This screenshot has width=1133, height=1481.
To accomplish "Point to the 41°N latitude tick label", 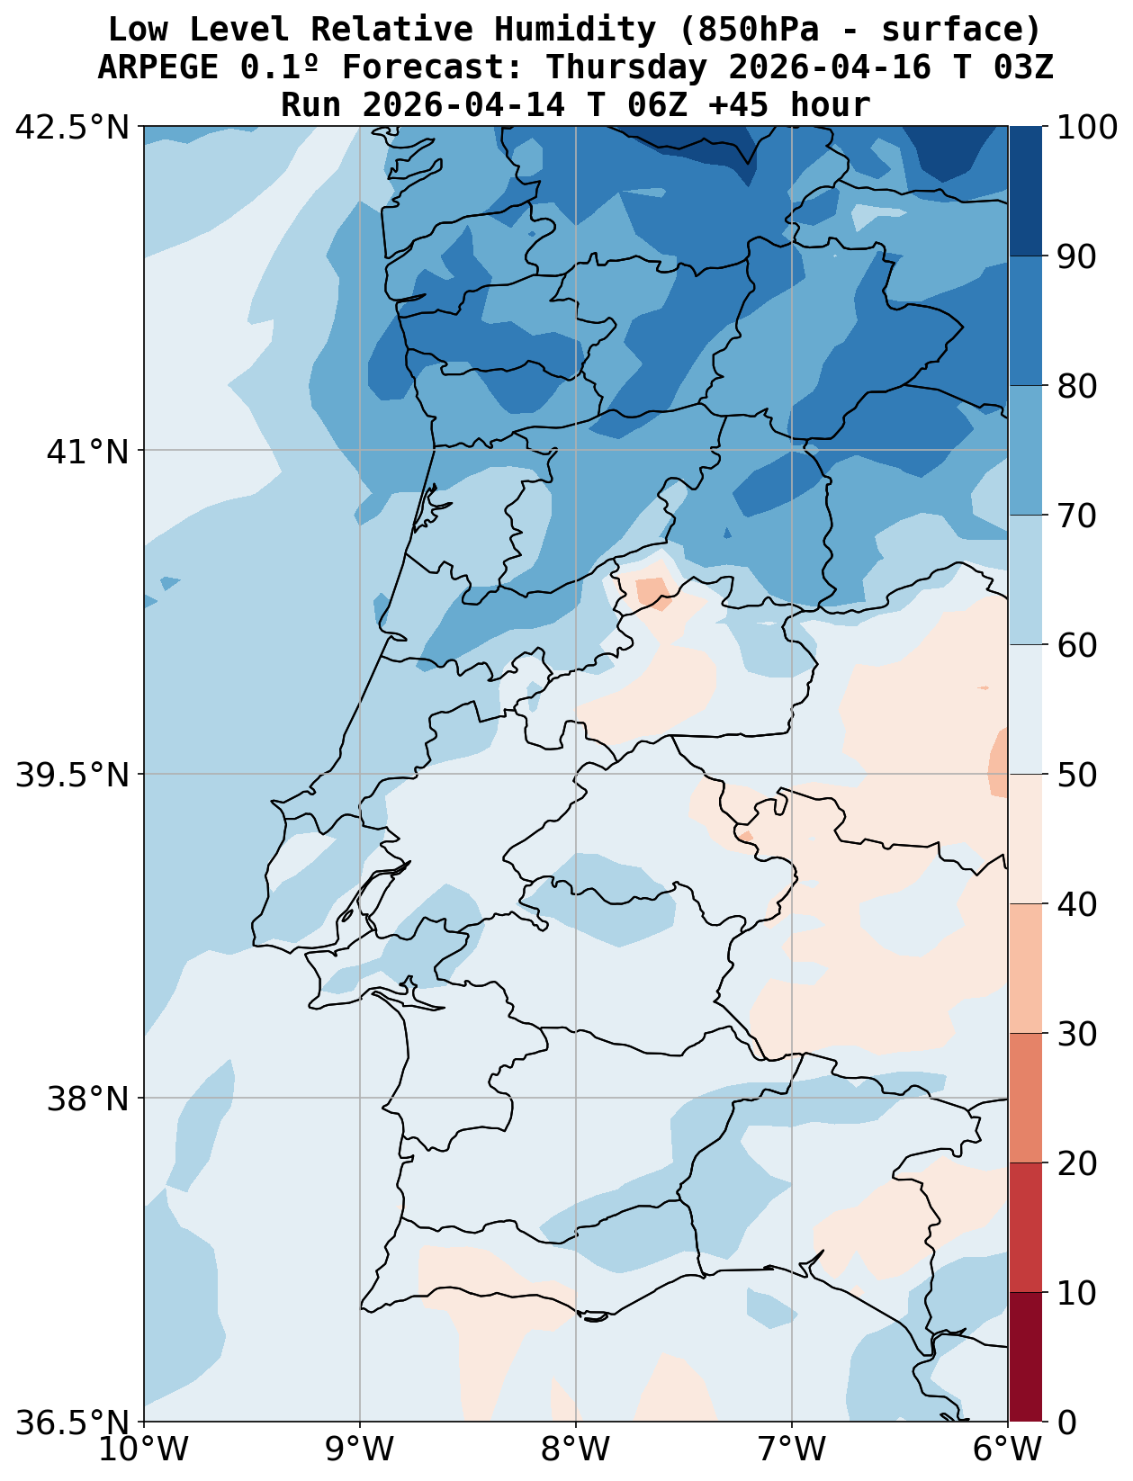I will [87, 451].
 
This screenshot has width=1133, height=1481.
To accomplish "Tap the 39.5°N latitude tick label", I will [73, 775].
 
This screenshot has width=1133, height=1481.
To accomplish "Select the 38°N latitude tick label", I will [87, 1099].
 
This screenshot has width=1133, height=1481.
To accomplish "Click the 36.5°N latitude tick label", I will [73, 1423].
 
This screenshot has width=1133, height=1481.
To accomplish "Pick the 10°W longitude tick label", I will [144, 1450].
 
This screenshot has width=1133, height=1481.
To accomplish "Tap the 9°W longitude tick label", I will [360, 1450].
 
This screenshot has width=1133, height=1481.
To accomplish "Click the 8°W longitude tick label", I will [576, 1450].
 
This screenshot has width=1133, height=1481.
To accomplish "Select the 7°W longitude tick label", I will [792, 1450].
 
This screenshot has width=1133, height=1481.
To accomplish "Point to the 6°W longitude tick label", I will [1008, 1450].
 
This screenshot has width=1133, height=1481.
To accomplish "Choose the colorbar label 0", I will [1066, 1423].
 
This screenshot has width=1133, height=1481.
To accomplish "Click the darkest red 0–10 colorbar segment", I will [1025, 1358].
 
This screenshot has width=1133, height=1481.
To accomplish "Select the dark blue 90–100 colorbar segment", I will [1025, 191].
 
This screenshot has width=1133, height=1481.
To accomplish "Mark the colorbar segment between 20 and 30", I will [1025, 1099].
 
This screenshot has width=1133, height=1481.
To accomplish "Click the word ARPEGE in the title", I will [158, 67].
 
